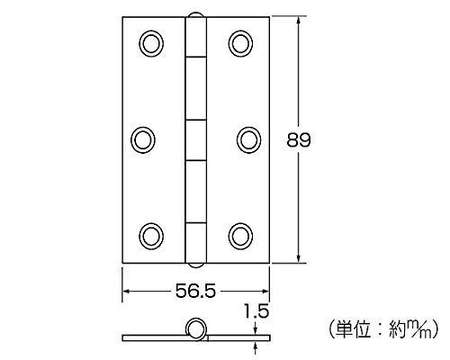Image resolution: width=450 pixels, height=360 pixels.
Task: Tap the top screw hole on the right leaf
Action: click(x=238, y=43)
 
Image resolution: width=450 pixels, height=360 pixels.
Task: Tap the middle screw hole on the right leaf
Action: click(x=247, y=138)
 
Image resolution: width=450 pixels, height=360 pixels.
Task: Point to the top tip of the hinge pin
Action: click(x=195, y=14)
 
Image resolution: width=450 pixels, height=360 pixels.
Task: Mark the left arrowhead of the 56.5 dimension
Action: click(x=126, y=292)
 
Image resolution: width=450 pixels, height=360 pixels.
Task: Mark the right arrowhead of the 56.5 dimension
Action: click(x=265, y=292)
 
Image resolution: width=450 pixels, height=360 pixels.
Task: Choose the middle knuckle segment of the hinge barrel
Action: click(x=195, y=139)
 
